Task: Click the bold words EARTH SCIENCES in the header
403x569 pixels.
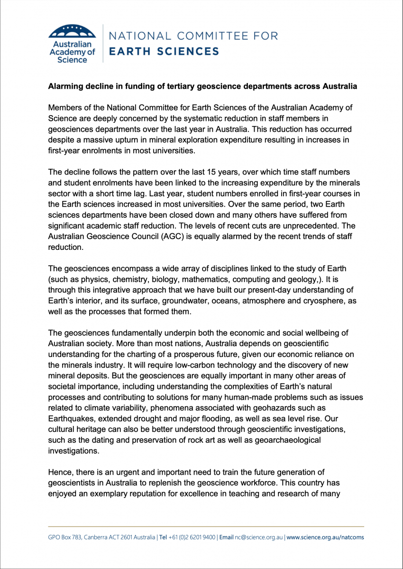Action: pos(164,51)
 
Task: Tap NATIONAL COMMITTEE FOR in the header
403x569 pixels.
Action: pos(193,36)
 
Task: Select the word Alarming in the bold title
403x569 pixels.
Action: pos(64,87)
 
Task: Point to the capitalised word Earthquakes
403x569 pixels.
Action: pos(71,419)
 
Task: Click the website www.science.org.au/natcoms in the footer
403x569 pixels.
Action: pos(325,537)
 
